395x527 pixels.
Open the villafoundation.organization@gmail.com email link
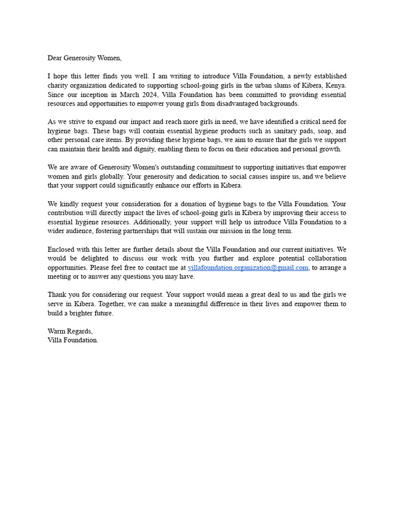tap(248, 268)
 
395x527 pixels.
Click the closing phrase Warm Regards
tap(70, 331)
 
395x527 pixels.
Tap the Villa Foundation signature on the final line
tap(73, 340)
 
